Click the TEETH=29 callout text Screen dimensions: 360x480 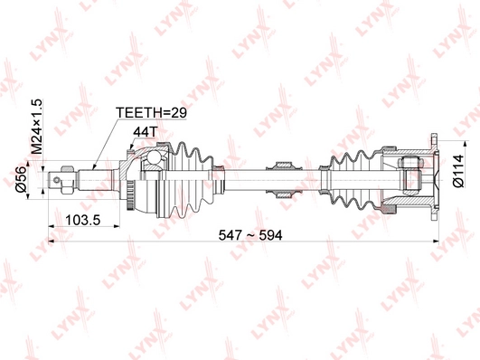pyautogui.click(x=150, y=113)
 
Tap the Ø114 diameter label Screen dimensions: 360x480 pyautogui.click(x=458, y=170)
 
